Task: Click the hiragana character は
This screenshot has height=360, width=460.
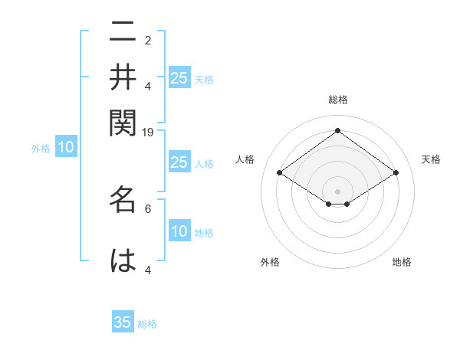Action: pyautogui.click(x=123, y=259)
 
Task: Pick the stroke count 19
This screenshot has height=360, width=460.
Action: pyautogui.click(x=148, y=133)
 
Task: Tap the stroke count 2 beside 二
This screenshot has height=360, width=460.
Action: pyautogui.click(x=148, y=41)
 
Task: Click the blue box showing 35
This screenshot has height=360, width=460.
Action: pyautogui.click(x=123, y=322)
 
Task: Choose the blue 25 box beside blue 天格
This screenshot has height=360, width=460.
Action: pyautogui.click(x=179, y=77)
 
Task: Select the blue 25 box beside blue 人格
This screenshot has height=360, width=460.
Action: pyautogui.click(x=179, y=162)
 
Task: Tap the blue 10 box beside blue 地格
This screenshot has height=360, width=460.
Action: pyautogui.click(x=179, y=231)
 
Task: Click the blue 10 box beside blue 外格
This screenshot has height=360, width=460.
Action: pyautogui.click(x=66, y=148)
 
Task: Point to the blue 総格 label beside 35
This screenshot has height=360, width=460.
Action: pyautogui.click(x=147, y=324)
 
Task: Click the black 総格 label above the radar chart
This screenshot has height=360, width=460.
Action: pyautogui.click(x=337, y=100)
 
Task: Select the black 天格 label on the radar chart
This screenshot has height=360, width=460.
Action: pyautogui.click(x=432, y=159)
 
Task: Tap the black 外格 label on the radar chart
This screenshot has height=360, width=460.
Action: pyautogui.click(x=270, y=262)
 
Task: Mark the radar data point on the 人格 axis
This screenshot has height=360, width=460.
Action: pyautogui.click(x=280, y=173)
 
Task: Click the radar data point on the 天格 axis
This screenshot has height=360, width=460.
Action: pyautogui.click(x=396, y=173)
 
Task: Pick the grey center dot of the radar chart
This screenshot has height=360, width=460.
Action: pyautogui.click(x=337, y=191)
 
